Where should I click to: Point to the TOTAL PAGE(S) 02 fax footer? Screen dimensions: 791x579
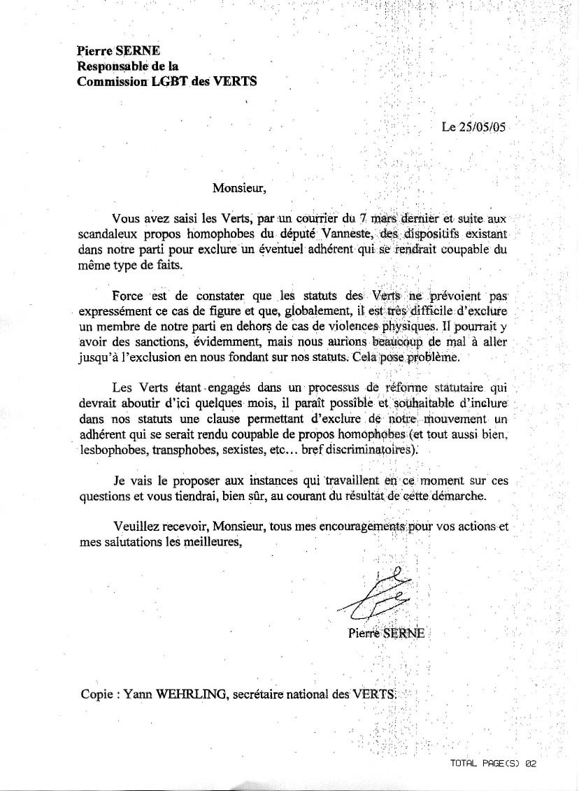(494, 764)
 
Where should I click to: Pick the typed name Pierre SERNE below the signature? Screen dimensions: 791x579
(386, 634)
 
